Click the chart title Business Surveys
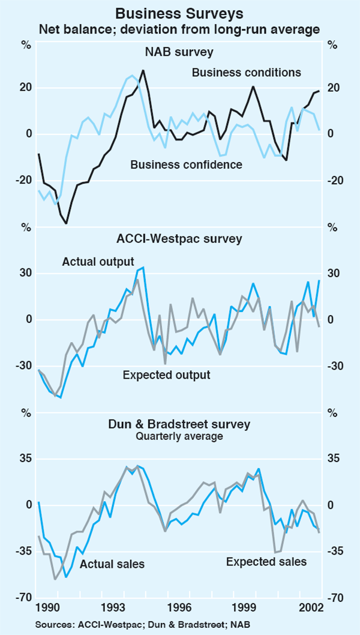(179, 13)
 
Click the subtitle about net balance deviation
(179, 28)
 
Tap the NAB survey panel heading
(179, 52)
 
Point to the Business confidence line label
(186, 164)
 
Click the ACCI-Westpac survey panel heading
(179, 238)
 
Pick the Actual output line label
(98, 262)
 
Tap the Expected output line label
(167, 375)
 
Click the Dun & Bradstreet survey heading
(179, 424)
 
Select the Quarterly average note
(179, 436)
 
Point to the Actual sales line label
(113, 564)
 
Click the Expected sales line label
(266, 562)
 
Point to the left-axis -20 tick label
(25, 181)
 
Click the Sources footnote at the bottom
(142, 625)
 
